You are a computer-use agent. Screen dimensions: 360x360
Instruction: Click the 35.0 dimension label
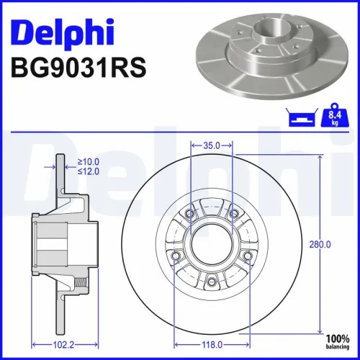pos(211,145)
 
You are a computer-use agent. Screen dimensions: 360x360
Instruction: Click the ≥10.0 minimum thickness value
pos(89,162)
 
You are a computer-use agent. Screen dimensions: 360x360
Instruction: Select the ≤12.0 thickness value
pos(89,171)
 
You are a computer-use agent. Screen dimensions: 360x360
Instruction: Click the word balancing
pos(338,346)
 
